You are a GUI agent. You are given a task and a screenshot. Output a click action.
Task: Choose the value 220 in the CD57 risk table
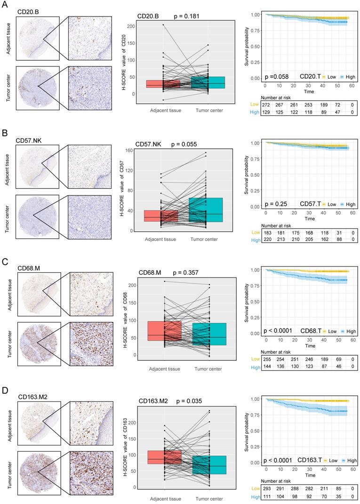[x=267, y=240]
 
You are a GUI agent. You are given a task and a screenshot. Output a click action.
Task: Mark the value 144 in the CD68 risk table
[x=267, y=366]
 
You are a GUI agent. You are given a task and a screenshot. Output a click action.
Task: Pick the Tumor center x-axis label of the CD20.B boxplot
[x=207, y=111]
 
